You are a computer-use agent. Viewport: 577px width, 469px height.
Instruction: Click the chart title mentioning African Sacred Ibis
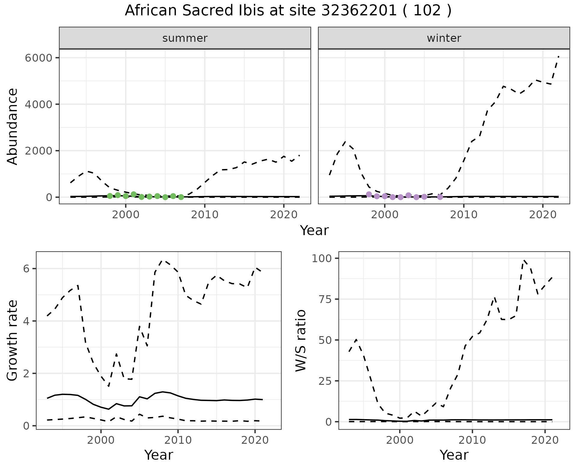click(288, 11)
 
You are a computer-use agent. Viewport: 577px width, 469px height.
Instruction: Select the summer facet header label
click(185, 38)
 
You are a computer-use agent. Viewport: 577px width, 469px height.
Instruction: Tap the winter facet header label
click(444, 38)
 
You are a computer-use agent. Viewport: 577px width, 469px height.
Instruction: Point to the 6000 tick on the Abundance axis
click(39, 58)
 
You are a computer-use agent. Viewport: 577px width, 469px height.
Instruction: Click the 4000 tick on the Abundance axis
click(39, 104)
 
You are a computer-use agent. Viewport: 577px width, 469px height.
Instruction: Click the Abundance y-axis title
click(13, 126)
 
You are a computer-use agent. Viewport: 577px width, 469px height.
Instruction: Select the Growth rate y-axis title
click(13, 340)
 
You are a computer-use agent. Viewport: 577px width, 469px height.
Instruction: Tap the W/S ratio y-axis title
click(301, 340)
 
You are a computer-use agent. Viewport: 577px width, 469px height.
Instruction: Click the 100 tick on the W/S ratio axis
click(321, 258)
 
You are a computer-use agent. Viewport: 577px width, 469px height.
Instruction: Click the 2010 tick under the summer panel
click(205, 215)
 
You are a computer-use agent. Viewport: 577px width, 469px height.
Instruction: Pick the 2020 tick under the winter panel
click(543, 215)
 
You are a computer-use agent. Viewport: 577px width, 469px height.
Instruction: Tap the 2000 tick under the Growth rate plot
click(101, 440)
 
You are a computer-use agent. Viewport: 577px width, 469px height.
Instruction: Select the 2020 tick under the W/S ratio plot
click(545, 440)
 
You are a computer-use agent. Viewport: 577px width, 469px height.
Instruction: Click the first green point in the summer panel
click(110, 196)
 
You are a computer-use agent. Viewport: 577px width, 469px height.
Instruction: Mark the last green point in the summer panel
click(181, 197)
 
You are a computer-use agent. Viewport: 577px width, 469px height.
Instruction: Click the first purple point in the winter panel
click(369, 194)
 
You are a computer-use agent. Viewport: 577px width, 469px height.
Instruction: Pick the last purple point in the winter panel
click(440, 197)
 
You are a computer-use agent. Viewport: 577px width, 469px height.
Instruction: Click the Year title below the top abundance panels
click(314, 231)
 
